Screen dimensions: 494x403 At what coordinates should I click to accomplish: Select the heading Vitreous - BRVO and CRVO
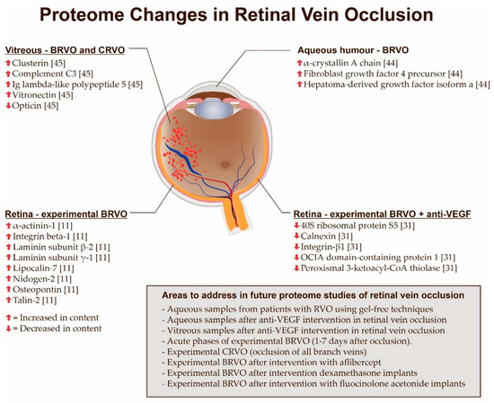65,50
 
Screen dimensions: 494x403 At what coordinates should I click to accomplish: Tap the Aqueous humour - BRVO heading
353,50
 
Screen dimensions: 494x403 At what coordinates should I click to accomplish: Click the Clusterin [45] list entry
39,63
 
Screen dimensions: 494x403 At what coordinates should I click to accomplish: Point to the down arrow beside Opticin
8,106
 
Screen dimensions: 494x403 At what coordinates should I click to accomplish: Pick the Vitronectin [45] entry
42,95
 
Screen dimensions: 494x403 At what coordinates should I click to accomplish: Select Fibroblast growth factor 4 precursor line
383,74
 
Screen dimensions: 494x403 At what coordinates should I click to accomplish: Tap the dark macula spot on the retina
225,164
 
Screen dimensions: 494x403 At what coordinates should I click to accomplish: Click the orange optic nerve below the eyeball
234,215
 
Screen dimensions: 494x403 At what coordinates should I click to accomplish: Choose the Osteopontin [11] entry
46,289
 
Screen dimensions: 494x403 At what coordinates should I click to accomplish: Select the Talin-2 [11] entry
35,300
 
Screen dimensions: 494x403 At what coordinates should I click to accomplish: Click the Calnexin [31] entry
326,236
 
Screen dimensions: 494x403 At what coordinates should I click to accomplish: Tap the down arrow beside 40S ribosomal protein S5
296,225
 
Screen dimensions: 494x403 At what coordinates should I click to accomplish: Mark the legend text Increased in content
59,318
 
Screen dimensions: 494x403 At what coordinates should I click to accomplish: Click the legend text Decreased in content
61,329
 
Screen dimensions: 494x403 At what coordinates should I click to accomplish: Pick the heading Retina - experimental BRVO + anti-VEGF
382,215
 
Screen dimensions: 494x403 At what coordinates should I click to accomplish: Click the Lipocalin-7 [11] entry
43,268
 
